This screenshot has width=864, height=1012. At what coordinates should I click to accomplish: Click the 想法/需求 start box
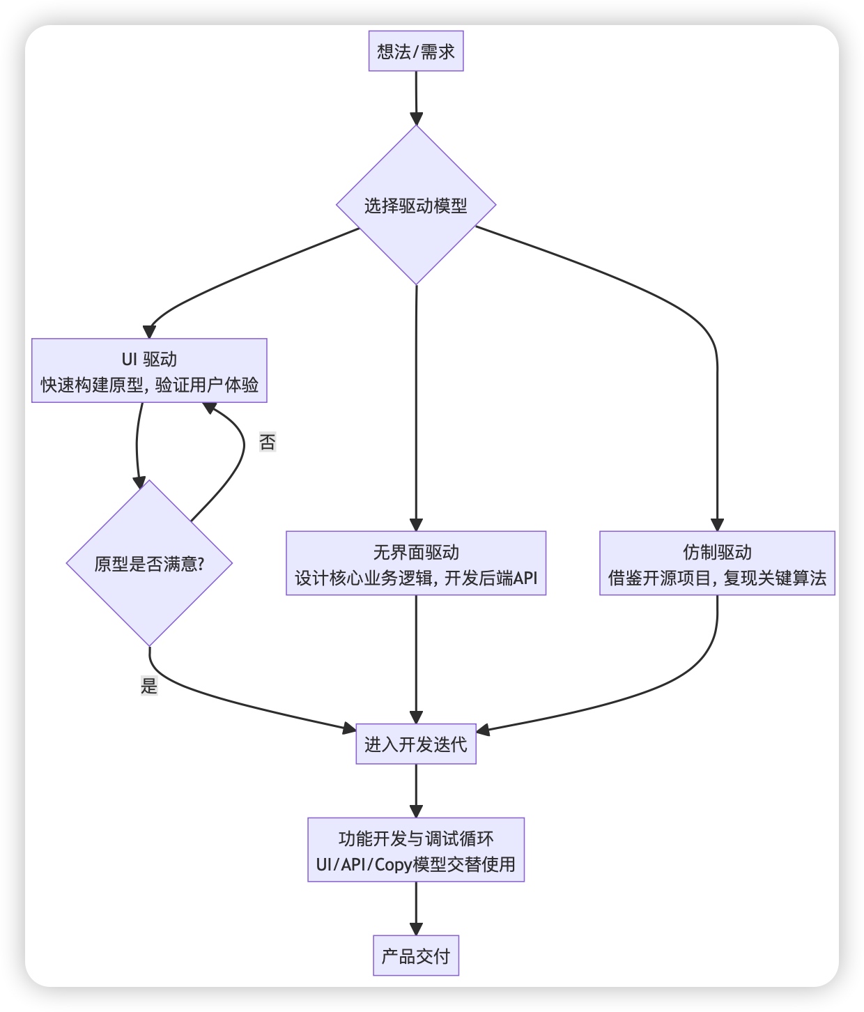416,52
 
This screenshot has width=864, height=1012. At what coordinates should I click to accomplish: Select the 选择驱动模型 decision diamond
416,205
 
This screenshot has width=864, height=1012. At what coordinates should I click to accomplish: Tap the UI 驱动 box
149,371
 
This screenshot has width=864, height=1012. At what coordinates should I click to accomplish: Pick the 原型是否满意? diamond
149,563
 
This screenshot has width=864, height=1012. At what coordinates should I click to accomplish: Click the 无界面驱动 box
416,563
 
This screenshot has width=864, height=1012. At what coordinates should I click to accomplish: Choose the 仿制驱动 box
717,563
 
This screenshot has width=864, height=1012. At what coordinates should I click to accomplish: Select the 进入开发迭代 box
416,744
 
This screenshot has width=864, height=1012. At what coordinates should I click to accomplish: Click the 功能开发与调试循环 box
416,850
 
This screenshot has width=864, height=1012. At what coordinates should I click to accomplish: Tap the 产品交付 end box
416,956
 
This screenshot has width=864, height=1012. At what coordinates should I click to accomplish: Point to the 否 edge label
268,442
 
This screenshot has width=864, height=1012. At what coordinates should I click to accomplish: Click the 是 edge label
149,686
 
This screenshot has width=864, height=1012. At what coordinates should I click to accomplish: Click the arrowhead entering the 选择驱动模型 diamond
416,118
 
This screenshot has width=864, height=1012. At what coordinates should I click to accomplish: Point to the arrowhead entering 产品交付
416,928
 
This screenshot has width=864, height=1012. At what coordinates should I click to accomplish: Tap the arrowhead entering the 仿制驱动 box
717,525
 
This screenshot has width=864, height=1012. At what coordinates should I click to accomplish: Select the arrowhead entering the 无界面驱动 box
416,525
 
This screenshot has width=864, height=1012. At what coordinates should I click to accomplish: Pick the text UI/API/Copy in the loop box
364,865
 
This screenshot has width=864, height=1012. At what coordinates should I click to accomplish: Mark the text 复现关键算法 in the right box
775,578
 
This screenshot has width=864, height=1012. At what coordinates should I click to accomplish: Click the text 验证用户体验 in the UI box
207,385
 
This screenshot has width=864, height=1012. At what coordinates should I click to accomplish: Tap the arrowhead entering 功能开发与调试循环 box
416,811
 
